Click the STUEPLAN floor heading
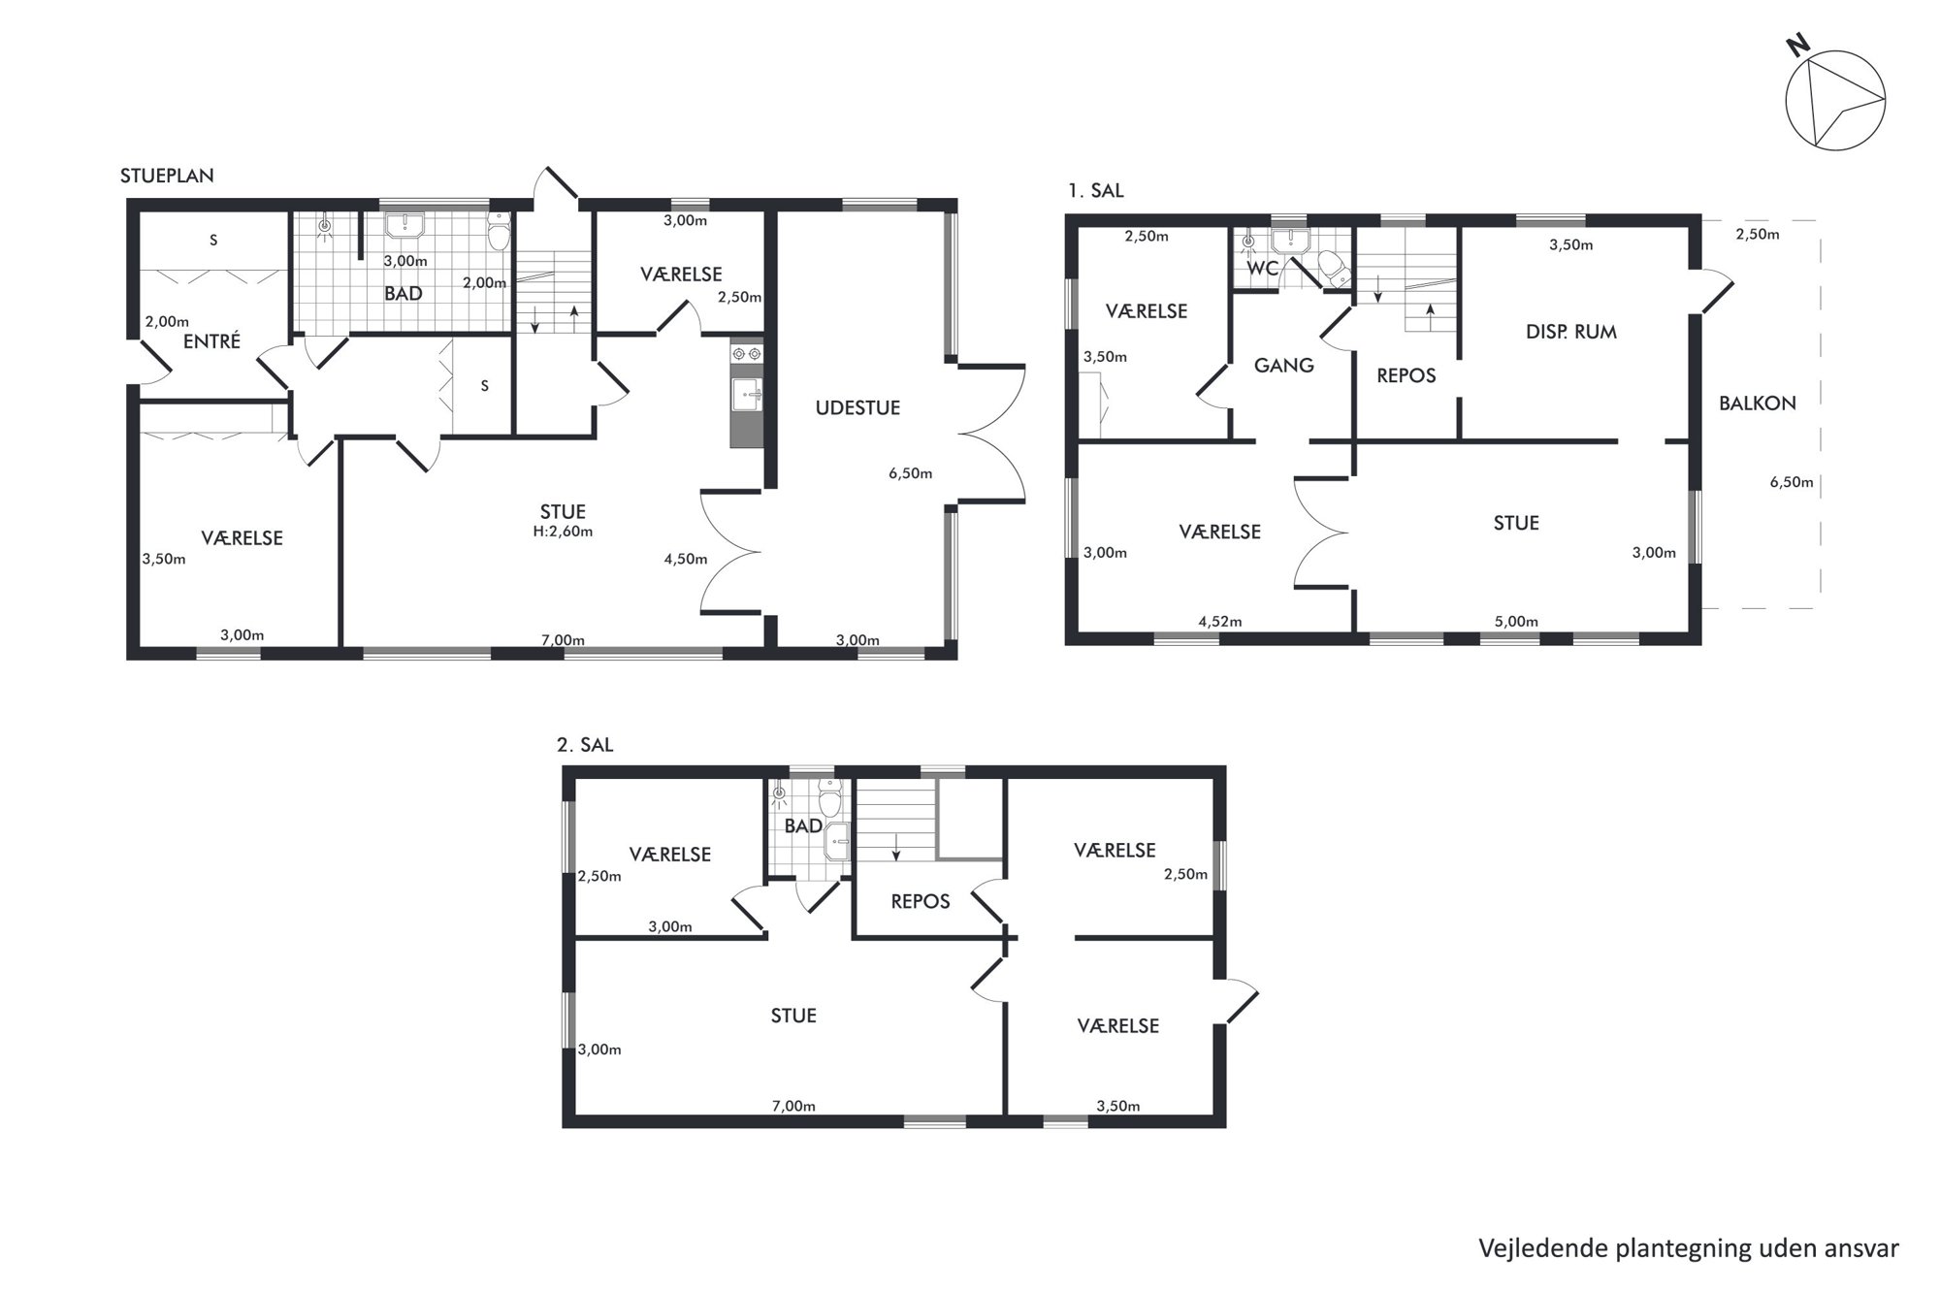167,176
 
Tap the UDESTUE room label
857,408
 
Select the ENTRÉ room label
211,340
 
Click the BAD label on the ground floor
403,293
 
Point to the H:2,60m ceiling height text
564,532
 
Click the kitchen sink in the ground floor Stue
747,394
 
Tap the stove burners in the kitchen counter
747,354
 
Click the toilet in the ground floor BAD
499,234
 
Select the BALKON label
1758,404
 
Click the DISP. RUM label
1571,332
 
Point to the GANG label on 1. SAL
1284,366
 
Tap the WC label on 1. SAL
1262,269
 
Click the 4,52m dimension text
1220,622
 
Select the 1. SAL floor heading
1096,191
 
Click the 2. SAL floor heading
585,746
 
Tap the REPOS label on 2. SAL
921,902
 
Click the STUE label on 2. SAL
793,1016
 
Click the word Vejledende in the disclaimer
1542,1248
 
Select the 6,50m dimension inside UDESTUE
910,473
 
